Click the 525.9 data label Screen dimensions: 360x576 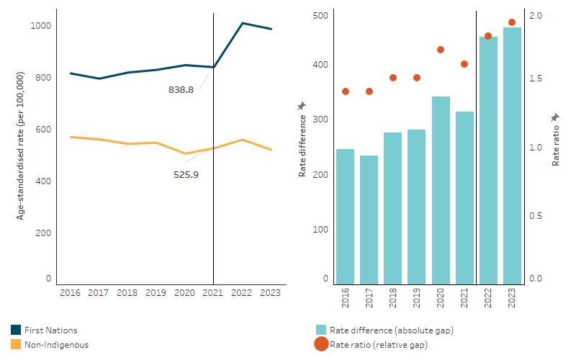pos(186,174)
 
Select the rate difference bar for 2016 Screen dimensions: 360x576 pos(345,217)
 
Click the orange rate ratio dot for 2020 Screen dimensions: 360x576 pos(441,50)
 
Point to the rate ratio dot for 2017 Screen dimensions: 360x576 pos(369,91)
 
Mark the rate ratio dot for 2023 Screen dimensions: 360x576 pos(512,22)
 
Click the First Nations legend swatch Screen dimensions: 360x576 pos(16,330)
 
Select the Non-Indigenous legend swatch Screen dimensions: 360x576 pos(16,345)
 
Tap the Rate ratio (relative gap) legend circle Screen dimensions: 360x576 pos(321,345)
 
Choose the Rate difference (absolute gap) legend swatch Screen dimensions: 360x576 pos(321,330)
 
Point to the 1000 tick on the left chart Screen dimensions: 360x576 pos(40,26)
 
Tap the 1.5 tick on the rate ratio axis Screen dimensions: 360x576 pos(536,78)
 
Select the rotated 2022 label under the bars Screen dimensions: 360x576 pos(488,297)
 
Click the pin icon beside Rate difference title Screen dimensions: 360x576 pos(302,107)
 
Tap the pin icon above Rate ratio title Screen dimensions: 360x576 pos(555,117)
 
